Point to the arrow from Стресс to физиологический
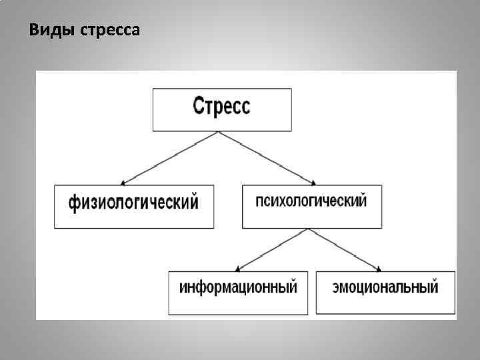click(x=170, y=157)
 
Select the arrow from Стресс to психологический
click(x=267, y=157)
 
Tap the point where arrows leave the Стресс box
click(x=218, y=132)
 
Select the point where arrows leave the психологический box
click(x=307, y=229)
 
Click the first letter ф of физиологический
click(x=74, y=203)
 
